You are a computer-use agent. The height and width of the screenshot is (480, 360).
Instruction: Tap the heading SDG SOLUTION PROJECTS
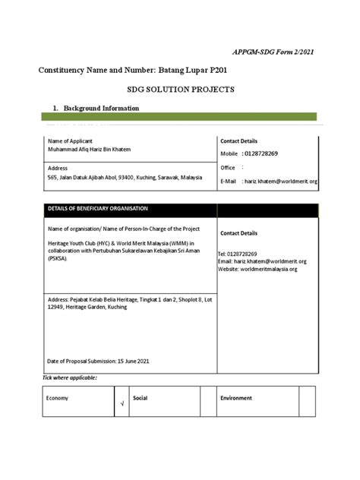pyautogui.click(x=181, y=90)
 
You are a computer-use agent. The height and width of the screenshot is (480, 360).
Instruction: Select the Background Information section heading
pyautogui.click(x=95, y=109)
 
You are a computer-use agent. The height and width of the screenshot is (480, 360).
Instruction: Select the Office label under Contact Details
pyautogui.click(x=228, y=167)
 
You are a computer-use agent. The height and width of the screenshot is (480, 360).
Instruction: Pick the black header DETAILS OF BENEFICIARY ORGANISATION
pyautogui.click(x=98, y=209)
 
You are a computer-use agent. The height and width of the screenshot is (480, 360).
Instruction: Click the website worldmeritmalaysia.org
pyautogui.click(x=270, y=269)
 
